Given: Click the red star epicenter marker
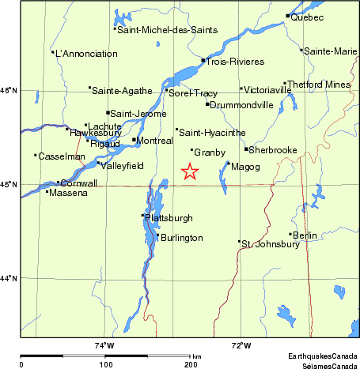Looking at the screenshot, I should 189,171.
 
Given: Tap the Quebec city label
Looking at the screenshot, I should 307,17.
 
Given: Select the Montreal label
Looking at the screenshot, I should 156,140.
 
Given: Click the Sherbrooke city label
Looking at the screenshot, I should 273,149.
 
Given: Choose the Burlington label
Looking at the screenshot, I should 182,238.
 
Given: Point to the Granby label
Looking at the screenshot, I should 210,152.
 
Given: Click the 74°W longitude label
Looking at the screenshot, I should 104,345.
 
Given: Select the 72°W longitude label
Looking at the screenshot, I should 241,345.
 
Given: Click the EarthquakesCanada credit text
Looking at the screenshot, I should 321,356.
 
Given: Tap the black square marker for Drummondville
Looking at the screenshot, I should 207,104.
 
